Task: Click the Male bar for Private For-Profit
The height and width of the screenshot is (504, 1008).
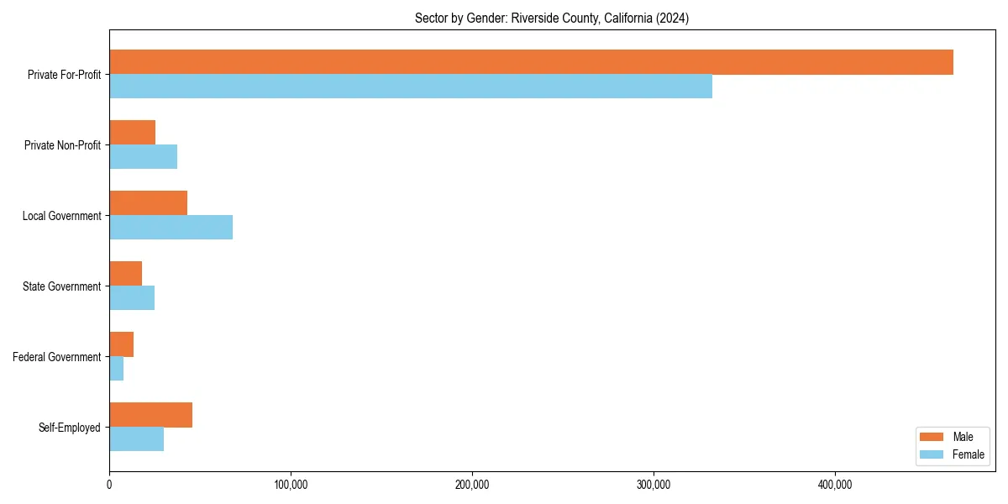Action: point(531,62)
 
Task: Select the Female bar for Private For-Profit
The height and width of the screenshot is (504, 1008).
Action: point(411,87)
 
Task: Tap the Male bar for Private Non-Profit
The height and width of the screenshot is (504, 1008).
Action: point(133,133)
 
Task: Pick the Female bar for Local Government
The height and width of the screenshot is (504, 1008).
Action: point(171,228)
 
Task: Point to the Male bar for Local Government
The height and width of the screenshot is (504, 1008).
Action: point(149,203)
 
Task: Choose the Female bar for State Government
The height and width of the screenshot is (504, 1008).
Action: point(132,298)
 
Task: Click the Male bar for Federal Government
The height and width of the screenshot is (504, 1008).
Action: point(122,344)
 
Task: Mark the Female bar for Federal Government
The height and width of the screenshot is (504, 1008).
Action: point(117,369)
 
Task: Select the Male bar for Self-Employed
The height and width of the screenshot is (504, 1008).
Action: point(151,415)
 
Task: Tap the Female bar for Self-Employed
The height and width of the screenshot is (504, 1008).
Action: point(137,439)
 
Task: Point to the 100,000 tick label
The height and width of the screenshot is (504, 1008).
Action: point(291,485)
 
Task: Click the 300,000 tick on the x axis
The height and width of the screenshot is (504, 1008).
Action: point(654,485)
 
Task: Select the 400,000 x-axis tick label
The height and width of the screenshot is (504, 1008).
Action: point(835,485)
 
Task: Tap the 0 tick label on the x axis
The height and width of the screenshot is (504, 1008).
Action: point(109,485)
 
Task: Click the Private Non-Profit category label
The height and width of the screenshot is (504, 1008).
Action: point(62,145)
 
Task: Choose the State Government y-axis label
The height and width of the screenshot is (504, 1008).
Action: point(62,286)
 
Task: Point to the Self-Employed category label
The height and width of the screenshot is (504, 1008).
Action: point(70,428)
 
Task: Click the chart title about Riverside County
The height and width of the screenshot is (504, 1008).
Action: point(552,18)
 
